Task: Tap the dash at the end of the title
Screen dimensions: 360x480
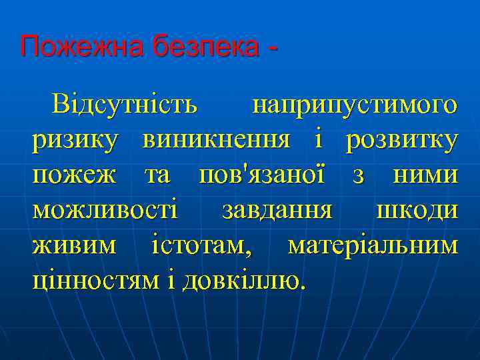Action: [272, 49]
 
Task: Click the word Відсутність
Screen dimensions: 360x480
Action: [125, 105]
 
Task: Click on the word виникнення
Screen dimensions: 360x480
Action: [216, 141]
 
